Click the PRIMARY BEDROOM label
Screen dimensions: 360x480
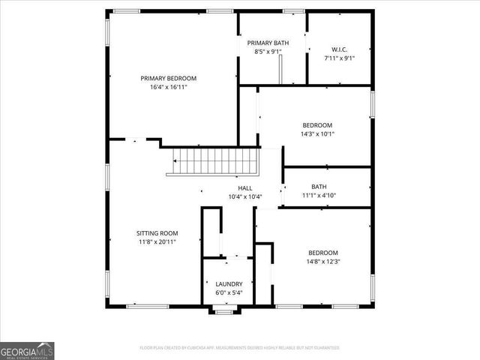click(x=168, y=78)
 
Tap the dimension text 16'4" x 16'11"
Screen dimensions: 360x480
click(x=168, y=87)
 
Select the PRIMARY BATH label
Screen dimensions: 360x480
click(x=268, y=43)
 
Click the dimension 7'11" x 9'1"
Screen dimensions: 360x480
click(x=339, y=58)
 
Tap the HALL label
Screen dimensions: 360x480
click(x=245, y=188)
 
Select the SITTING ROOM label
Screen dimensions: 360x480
click(x=157, y=232)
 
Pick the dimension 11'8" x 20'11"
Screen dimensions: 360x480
click(x=157, y=241)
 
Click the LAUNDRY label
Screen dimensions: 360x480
click(x=229, y=283)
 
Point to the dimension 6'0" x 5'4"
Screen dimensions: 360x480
click(x=229, y=292)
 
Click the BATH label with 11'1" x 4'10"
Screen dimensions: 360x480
click(x=319, y=187)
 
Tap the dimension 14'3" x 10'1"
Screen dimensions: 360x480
click(x=318, y=134)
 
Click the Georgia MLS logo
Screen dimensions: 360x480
click(x=27, y=350)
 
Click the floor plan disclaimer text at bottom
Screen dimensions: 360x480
click(x=239, y=348)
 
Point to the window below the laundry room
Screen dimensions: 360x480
click(x=223, y=310)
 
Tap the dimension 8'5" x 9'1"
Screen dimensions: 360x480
click(x=268, y=52)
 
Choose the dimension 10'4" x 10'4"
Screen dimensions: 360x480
click(x=245, y=197)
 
